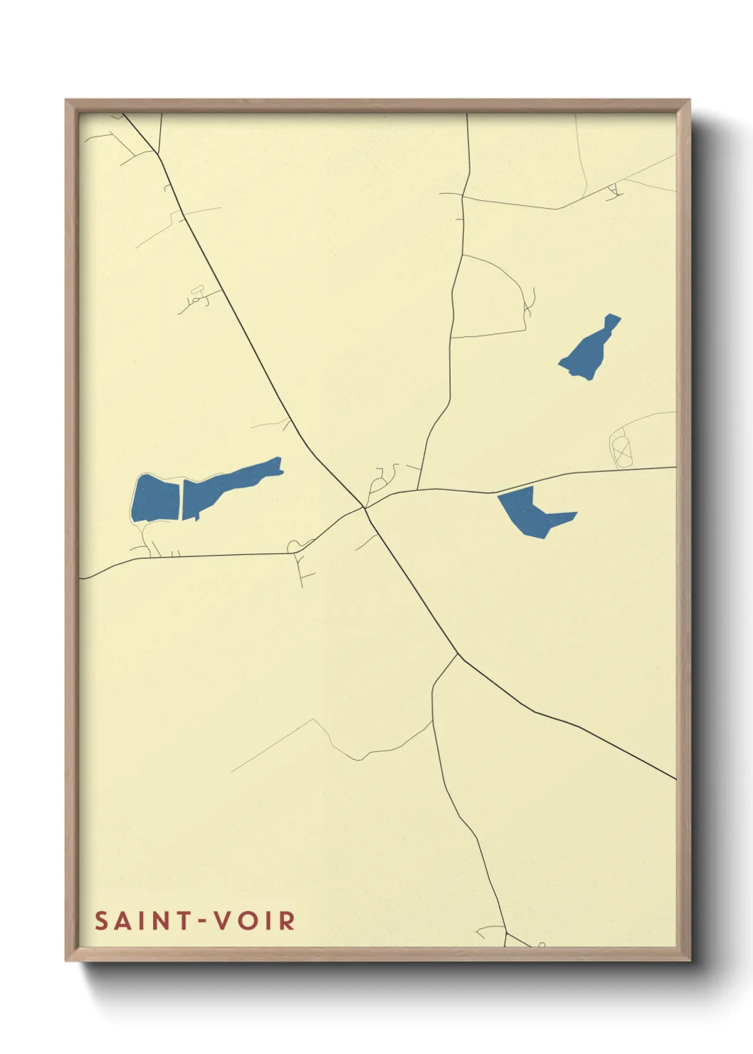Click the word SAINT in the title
[x=143, y=921]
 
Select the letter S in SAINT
[x=101, y=921]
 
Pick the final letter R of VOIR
[x=287, y=921]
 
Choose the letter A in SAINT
[x=122, y=921]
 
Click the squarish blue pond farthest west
[x=156, y=497]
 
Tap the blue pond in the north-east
[x=590, y=349]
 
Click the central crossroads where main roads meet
[x=365, y=507]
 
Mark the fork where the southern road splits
[x=457, y=654]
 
